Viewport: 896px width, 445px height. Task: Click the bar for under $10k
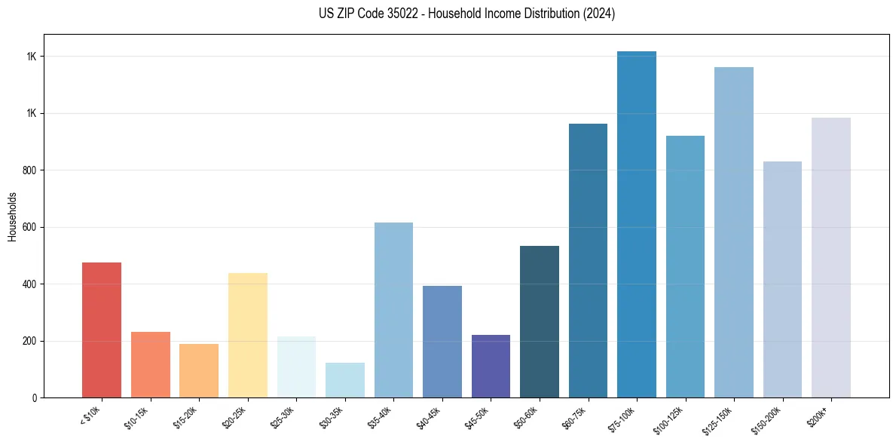(x=102, y=330)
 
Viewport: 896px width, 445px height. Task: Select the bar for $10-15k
(x=150, y=365)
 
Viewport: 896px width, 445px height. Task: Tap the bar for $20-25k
(x=248, y=336)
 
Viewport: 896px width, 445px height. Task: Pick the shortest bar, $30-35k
(x=345, y=380)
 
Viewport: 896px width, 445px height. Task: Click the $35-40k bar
(x=393, y=310)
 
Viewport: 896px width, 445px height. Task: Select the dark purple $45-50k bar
(x=491, y=367)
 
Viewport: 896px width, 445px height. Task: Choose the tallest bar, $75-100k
(x=637, y=225)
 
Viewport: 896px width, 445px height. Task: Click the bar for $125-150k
(x=734, y=232)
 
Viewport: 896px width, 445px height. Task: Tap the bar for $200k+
(x=831, y=258)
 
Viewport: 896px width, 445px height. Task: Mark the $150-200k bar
(x=782, y=280)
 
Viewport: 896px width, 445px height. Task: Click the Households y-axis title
(x=12, y=216)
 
